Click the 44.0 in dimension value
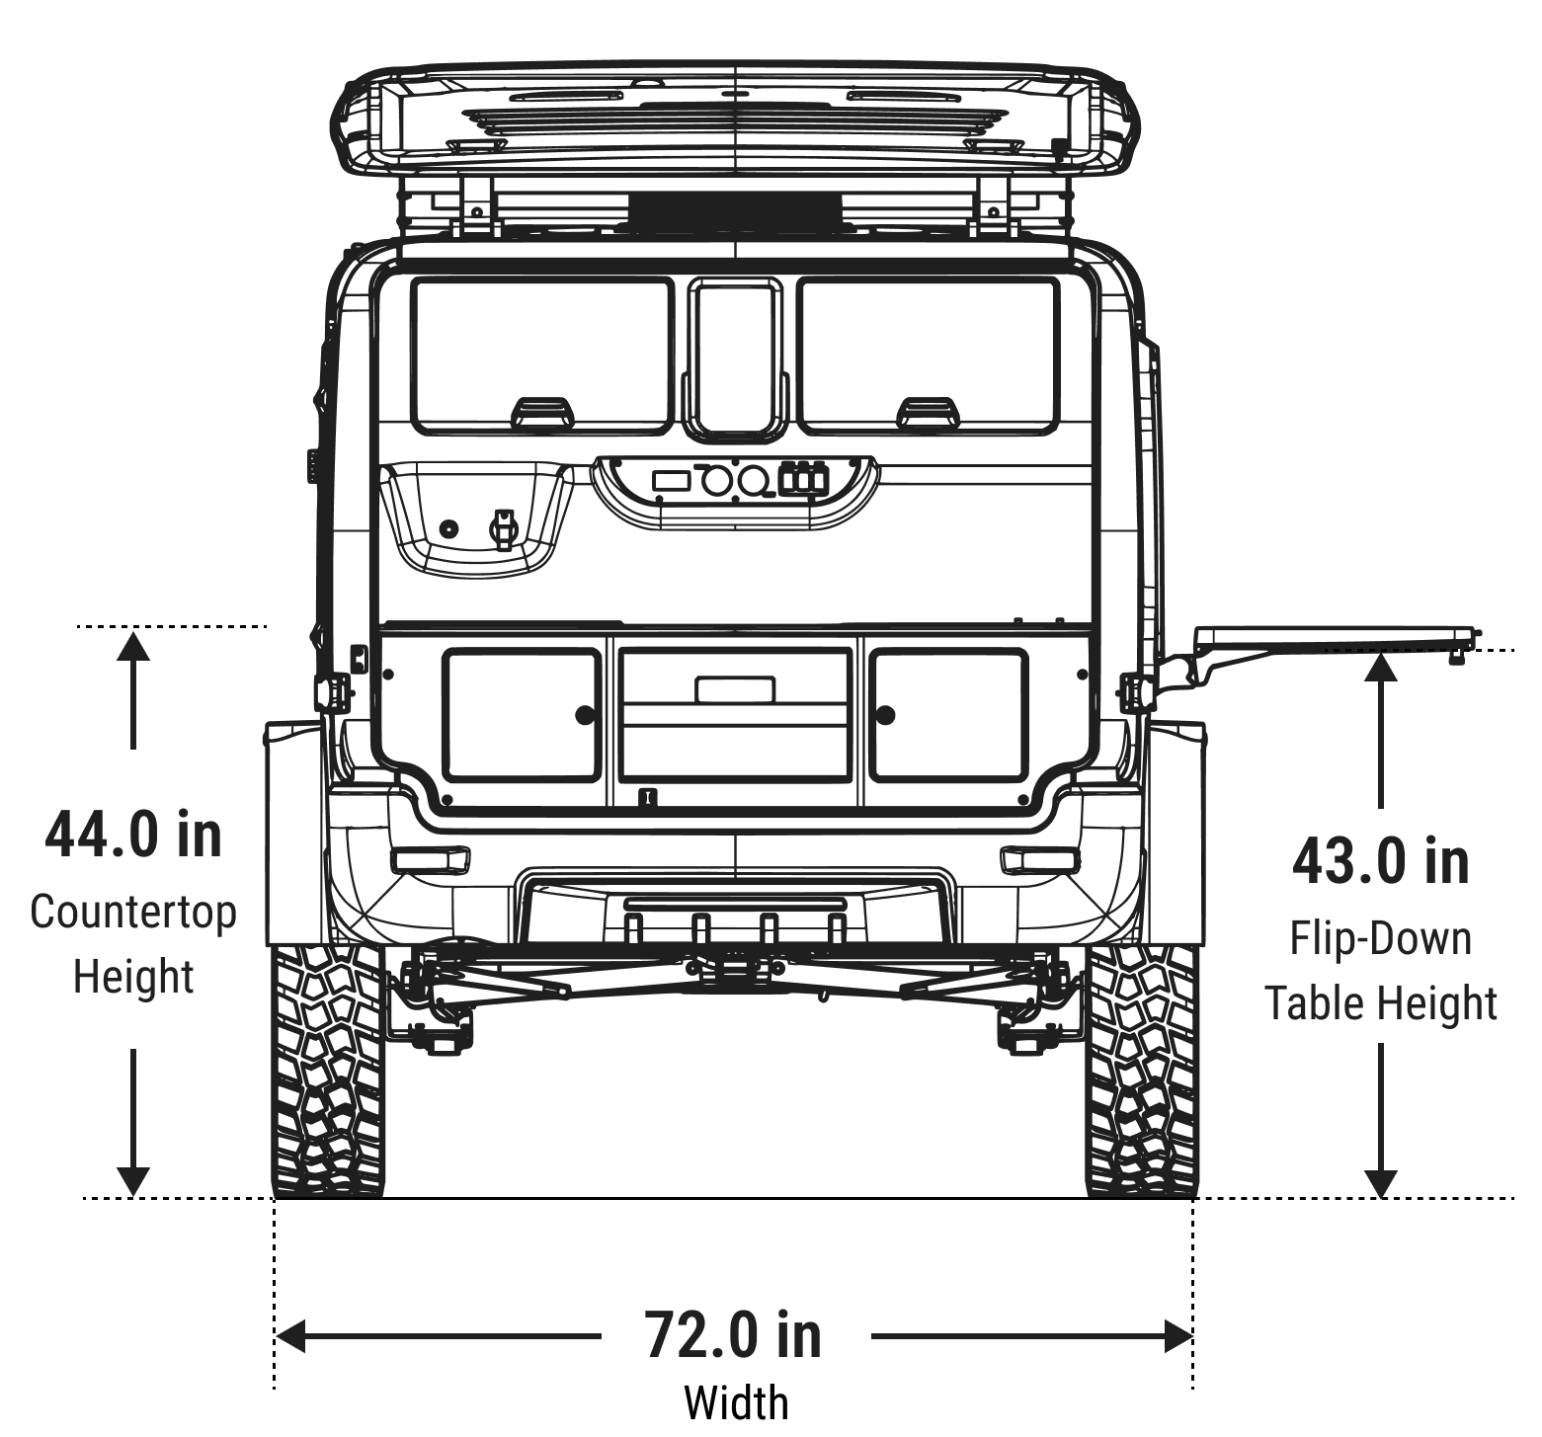[x=133, y=835]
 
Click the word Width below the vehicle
[x=736, y=1401]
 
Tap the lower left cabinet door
[x=523, y=714]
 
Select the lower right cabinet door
[x=947, y=714]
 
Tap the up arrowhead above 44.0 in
[x=133, y=646]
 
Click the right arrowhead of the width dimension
[x=1177, y=1336]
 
